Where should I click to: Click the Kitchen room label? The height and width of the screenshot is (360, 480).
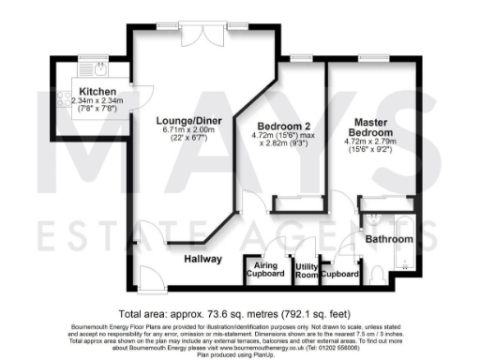pyautogui.click(x=78, y=92)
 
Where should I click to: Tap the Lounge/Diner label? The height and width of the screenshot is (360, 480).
pyautogui.click(x=183, y=121)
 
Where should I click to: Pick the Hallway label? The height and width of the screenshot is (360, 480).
pyautogui.click(x=202, y=259)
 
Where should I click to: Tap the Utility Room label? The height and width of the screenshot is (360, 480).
pyautogui.click(x=306, y=271)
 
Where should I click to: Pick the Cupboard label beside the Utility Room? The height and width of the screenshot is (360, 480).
pyautogui.click(x=339, y=275)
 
